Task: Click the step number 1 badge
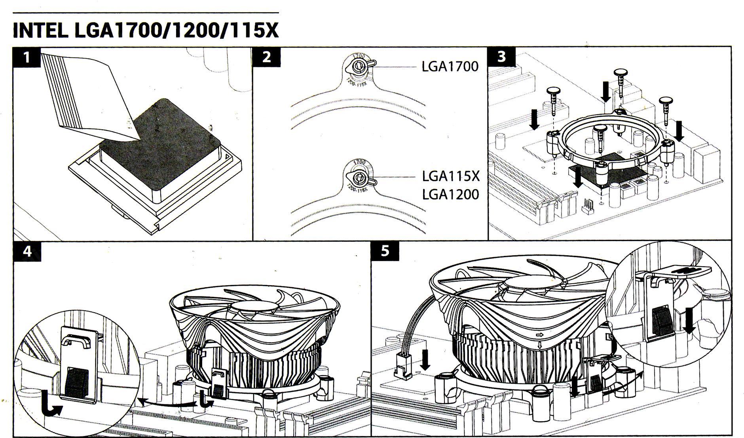[x=27, y=57]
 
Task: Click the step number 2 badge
[x=267, y=57]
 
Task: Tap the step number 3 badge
[x=502, y=57]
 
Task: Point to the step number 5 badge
[x=385, y=251]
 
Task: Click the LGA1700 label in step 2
[x=450, y=66]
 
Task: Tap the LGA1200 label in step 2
[x=450, y=194]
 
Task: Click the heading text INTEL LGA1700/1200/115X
[x=146, y=31]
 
